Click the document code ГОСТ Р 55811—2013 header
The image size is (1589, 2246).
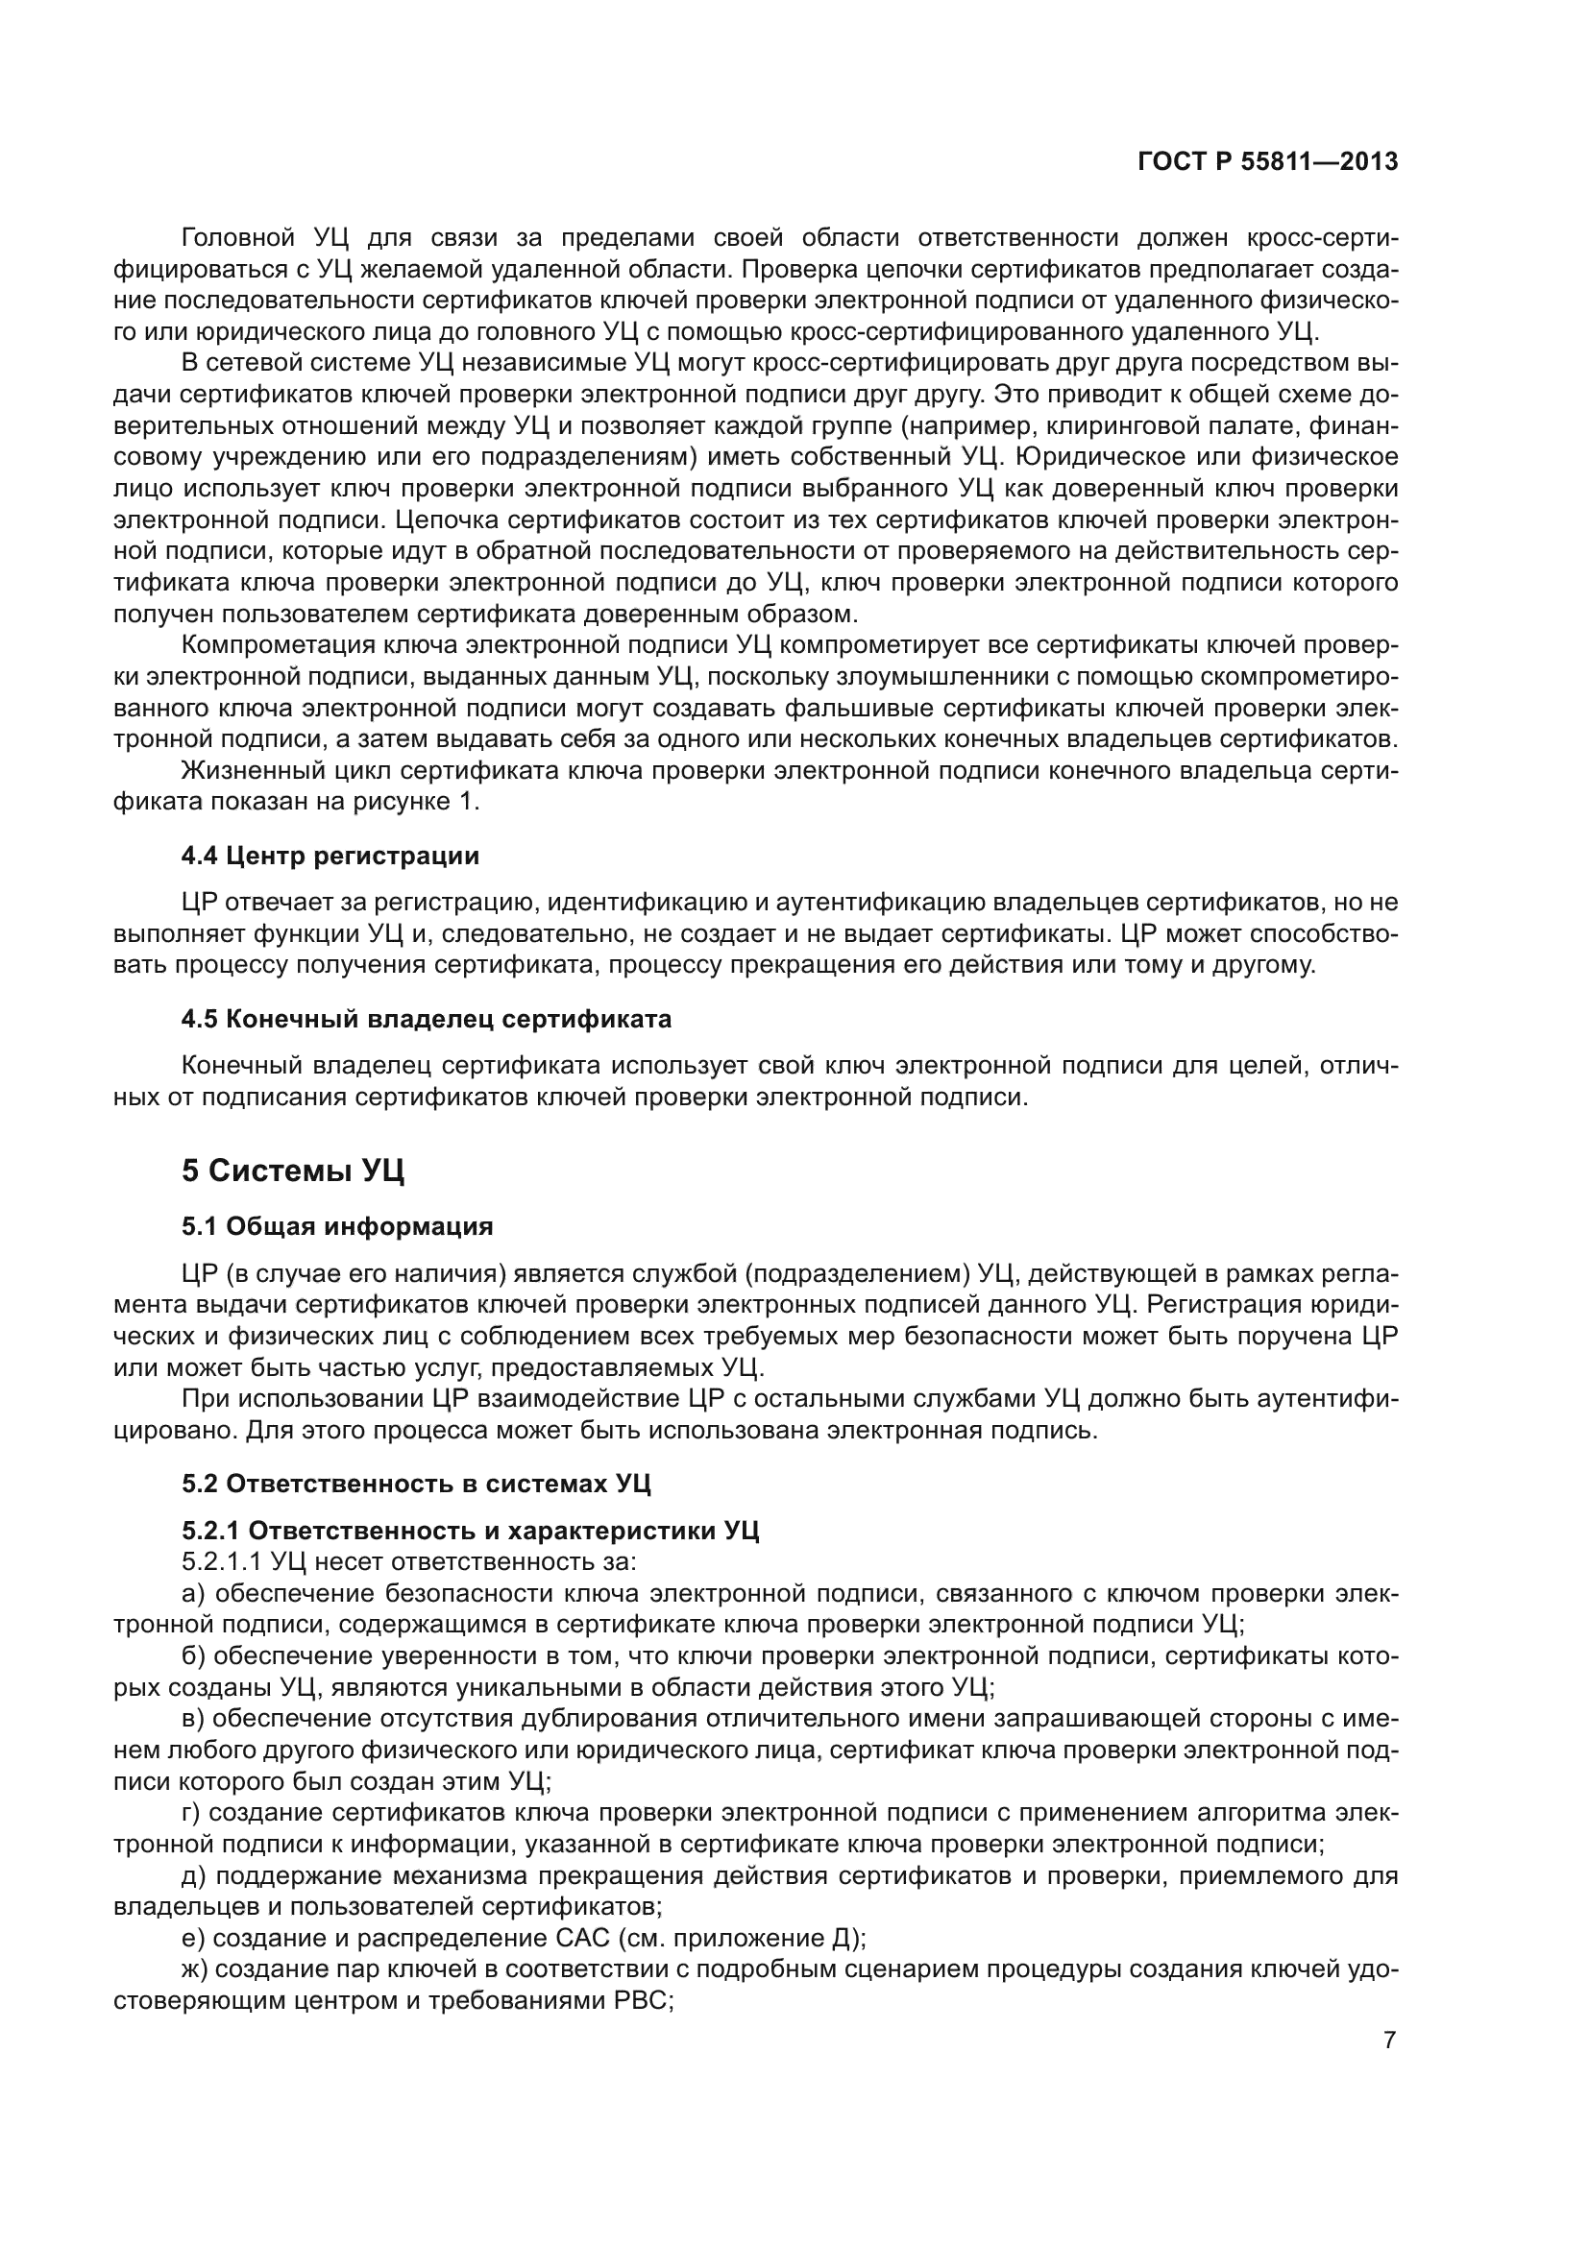pyautogui.click(x=1268, y=161)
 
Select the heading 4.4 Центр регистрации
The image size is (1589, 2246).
pyautogui.click(x=330, y=856)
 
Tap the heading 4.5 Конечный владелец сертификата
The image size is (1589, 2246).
pyautogui.click(x=427, y=1020)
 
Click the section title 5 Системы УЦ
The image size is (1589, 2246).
pyautogui.click(x=293, y=1171)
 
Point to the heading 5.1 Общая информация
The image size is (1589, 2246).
pyautogui.click(x=336, y=1226)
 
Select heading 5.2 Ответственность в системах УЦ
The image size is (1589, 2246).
pyautogui.click(x=416, y=1484)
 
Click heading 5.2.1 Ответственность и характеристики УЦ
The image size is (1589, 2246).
pyautogui.click(x=470, y=1531)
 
